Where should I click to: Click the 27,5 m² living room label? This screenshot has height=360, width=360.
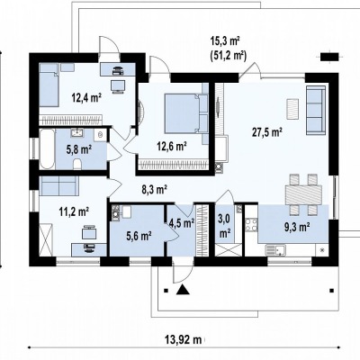266,132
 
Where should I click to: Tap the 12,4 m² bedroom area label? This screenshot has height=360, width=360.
85,97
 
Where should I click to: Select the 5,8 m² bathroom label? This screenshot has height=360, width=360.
79,149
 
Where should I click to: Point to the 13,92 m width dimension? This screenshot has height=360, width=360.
183,340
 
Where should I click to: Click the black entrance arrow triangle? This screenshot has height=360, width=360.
182,290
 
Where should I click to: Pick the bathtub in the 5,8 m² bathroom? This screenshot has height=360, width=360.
48,148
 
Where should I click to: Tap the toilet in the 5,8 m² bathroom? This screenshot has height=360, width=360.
77,165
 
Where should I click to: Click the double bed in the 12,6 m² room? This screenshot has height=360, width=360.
182,112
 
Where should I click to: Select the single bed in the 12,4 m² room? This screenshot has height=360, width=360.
49,85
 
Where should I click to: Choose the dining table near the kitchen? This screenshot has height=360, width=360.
304,194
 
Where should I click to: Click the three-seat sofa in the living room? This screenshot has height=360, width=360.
316,110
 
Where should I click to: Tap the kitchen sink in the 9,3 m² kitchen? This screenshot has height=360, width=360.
274,250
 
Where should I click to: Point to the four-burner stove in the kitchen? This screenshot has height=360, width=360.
251,225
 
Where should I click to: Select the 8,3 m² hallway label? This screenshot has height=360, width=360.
154,190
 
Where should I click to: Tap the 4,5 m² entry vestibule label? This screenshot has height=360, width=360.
182,223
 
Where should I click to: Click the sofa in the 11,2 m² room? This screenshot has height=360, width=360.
59,185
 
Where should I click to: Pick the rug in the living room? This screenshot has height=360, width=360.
292,109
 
